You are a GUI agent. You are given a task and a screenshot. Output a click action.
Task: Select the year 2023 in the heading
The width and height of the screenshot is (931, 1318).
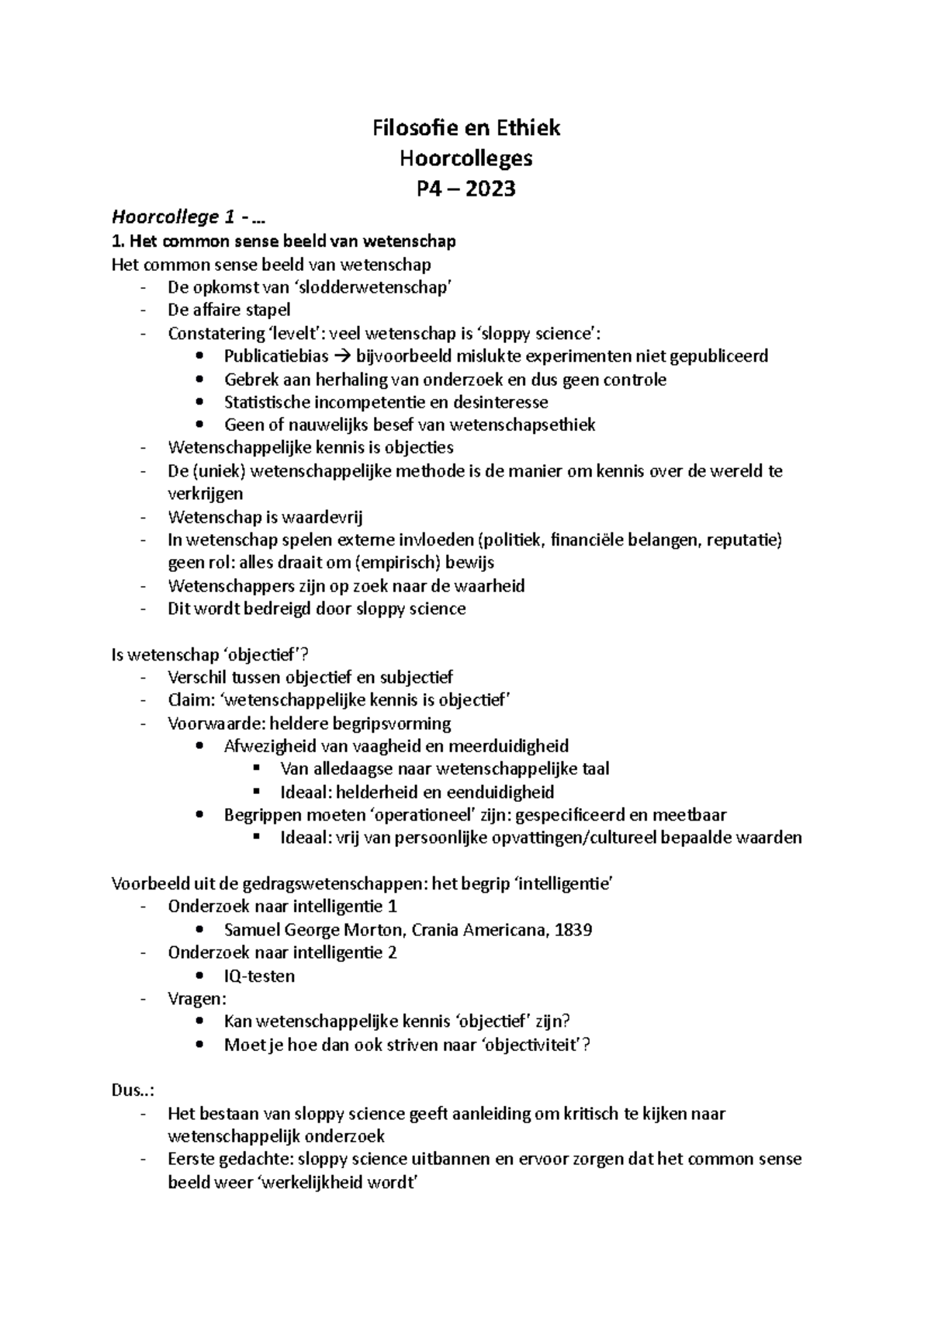point(490,189)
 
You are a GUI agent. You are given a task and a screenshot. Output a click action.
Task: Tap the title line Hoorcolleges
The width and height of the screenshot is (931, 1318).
point(465,158)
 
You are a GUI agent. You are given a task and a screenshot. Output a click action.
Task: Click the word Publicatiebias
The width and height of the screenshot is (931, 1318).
point(276,356)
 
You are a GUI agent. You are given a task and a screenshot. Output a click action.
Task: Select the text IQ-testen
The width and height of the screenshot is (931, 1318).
point(259,976)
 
